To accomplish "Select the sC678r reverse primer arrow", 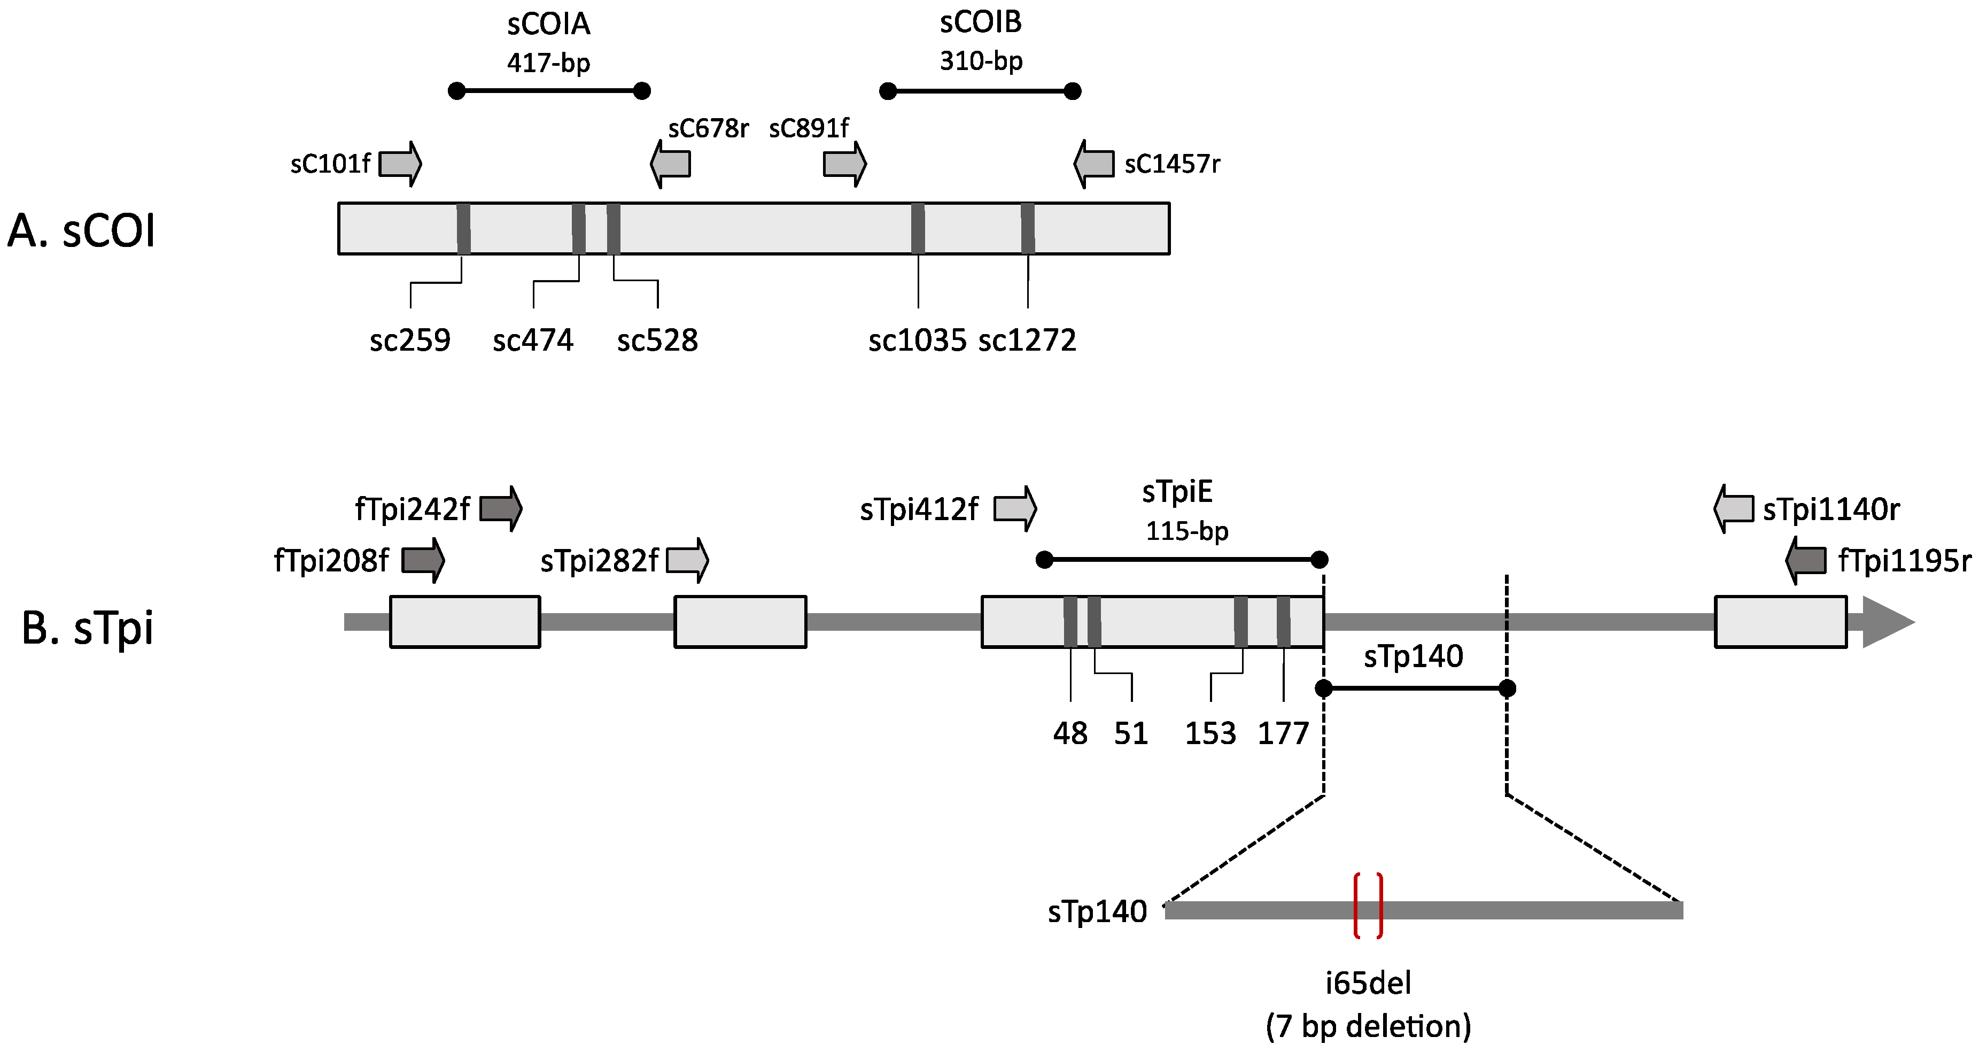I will (670, 164).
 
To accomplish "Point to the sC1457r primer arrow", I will (1093, 164).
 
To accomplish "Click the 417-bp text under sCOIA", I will (548, 62).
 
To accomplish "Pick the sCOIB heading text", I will (981, 22).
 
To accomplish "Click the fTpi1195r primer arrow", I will (1805, 561).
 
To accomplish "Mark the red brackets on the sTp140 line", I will (1368, 905).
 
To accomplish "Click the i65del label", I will (1368, 983).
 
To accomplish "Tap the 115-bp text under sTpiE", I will (1187, 531).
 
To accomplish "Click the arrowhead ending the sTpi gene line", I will (1888, 622).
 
